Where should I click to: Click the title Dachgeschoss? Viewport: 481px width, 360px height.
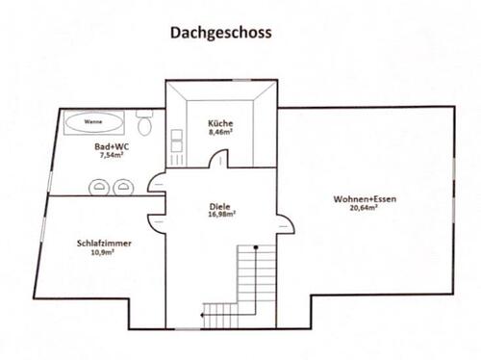pos(221,32)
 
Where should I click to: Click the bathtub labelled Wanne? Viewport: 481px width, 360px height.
pos(93,123)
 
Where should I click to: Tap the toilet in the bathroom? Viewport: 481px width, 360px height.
pos(144,124)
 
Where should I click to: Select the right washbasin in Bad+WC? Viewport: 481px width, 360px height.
pos(122,187)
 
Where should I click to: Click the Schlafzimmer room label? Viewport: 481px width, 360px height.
pos(103,244)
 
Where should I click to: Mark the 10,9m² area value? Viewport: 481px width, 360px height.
pos(104,254)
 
